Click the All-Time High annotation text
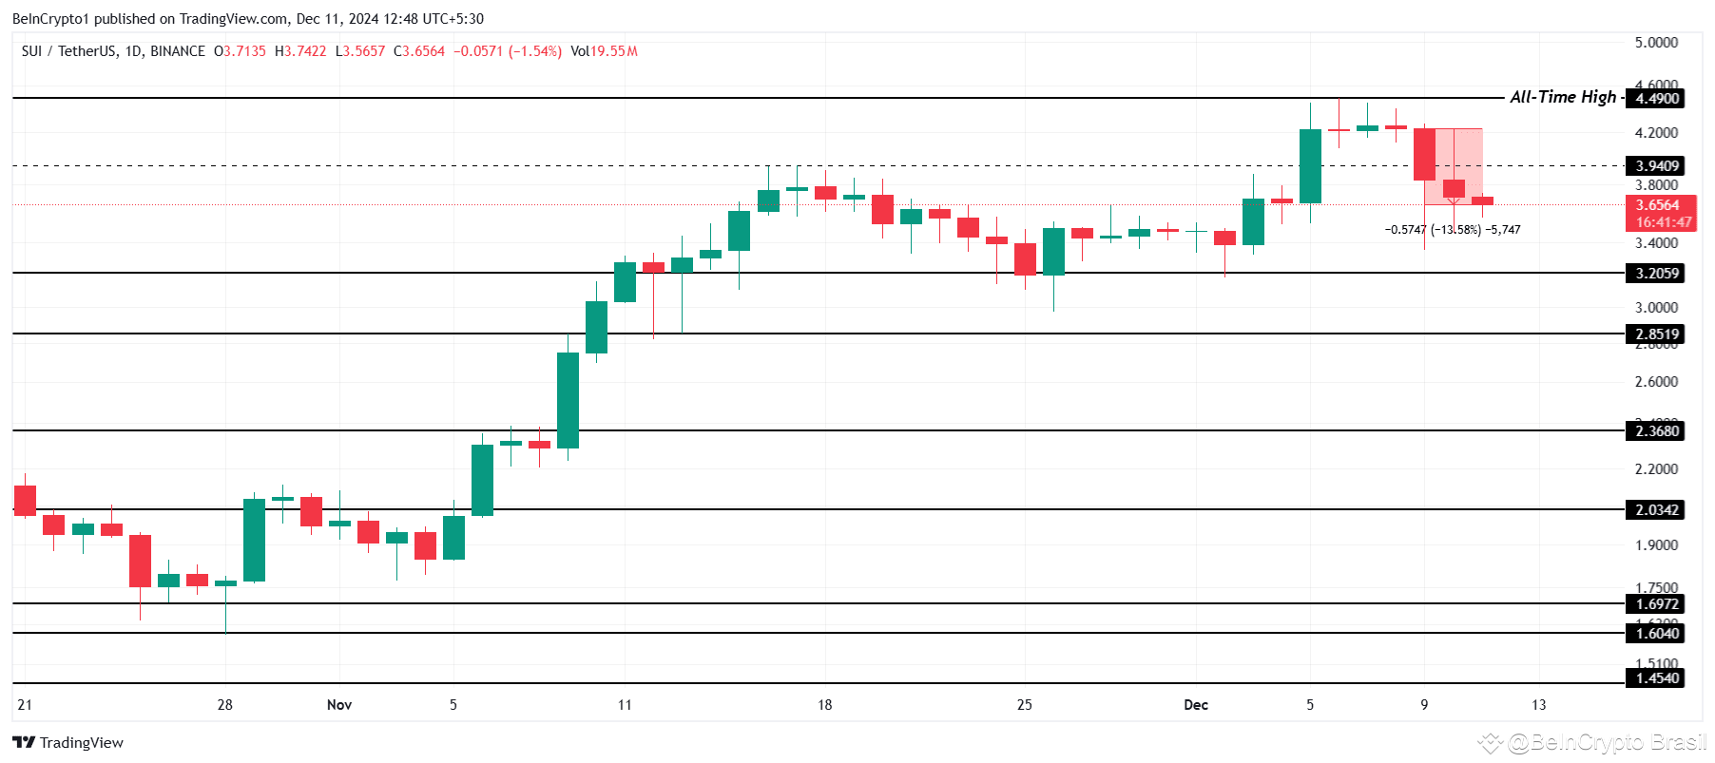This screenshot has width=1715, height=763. click(x=1562, y=97)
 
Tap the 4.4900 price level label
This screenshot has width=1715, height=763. click(x=1656, y=99)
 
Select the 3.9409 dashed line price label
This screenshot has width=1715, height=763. click(x=1656, y=166)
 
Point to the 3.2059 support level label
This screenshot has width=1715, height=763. click(x=1656, y=274)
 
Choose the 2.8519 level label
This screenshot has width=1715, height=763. click(x=1656, y=334)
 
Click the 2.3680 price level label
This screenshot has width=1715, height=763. click(x=1656, y=431)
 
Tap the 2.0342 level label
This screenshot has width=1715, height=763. click(x=1656, y=510)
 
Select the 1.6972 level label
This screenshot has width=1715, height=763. click(x=1656, y=604)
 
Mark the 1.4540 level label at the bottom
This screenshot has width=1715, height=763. click(x=1656, y=678)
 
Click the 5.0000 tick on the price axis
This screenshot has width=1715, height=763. click(x=1655, y=43)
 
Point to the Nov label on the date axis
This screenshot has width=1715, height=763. click(x=338, y=705)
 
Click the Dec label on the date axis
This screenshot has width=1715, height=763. click(x=1195, y=705)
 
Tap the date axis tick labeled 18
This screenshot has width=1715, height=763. click(x=824, y=705)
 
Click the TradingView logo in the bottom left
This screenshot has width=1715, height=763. click(x=68, y=743)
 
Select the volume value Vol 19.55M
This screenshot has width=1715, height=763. click(x=605, y=51)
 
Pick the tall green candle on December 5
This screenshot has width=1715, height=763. click(x=1310, y=166)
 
